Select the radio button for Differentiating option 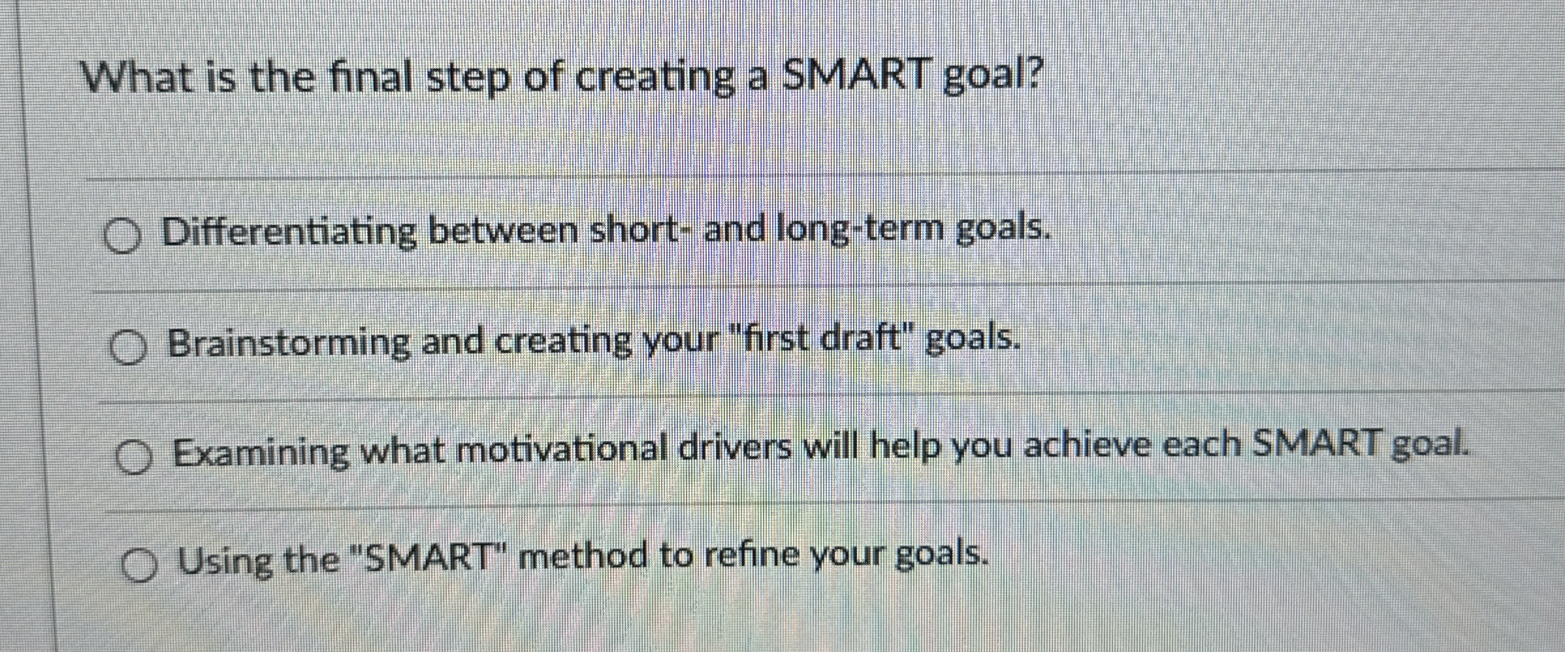(123, 236)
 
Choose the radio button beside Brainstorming (128, 347)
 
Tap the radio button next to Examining (134, 456)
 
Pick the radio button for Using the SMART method (140, 565)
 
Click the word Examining (261, 452)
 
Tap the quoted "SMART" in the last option (432, 559)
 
